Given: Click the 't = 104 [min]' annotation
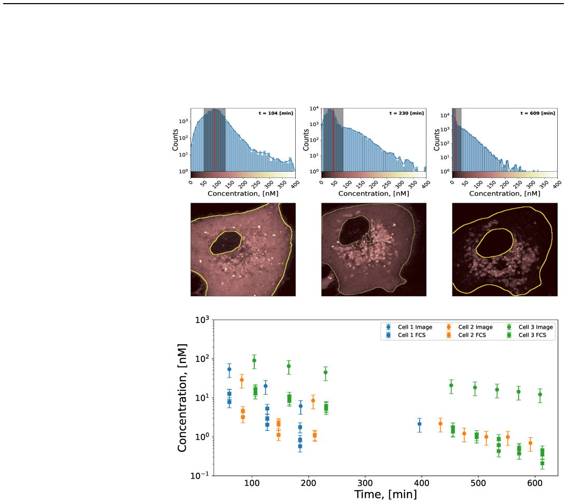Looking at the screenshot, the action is [276, 113].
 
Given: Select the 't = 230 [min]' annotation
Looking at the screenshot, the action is [407, 113].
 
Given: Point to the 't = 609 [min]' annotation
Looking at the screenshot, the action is [538, 113].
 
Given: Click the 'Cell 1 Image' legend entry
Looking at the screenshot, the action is [409, 327].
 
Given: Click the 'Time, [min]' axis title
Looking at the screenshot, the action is [385, 494].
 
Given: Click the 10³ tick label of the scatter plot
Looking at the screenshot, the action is [202, 320].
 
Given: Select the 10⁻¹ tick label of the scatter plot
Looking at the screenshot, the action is [200, 476].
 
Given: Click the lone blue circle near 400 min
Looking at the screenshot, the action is [420, 424].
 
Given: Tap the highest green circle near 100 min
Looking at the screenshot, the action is [254, 360].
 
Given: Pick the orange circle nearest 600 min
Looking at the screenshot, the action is [531, 443].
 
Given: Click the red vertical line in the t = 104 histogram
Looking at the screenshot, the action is [214, 140].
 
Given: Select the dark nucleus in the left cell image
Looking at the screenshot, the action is [226, 243].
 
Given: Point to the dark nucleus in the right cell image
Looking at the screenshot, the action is [494, 243].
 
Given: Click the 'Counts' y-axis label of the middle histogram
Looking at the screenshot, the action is [306, 140].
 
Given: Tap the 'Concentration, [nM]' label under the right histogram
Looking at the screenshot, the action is [505, 194].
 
